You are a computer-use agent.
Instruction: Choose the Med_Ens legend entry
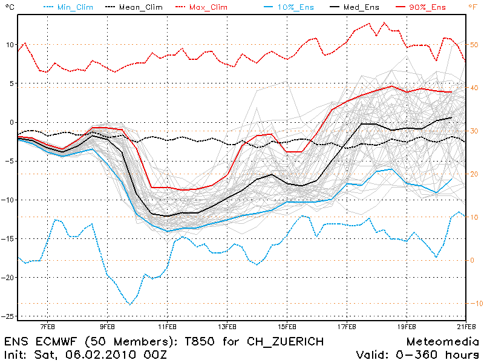[365, 7]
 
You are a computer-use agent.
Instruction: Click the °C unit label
[8, 7]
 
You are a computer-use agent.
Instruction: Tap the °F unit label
[473, 7]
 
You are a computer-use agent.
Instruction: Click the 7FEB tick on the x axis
[48, 326]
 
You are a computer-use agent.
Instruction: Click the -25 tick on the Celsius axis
[8, 316]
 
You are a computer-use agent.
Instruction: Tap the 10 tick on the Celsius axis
[10, 45]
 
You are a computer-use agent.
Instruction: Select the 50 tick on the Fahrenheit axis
[474, 45]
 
